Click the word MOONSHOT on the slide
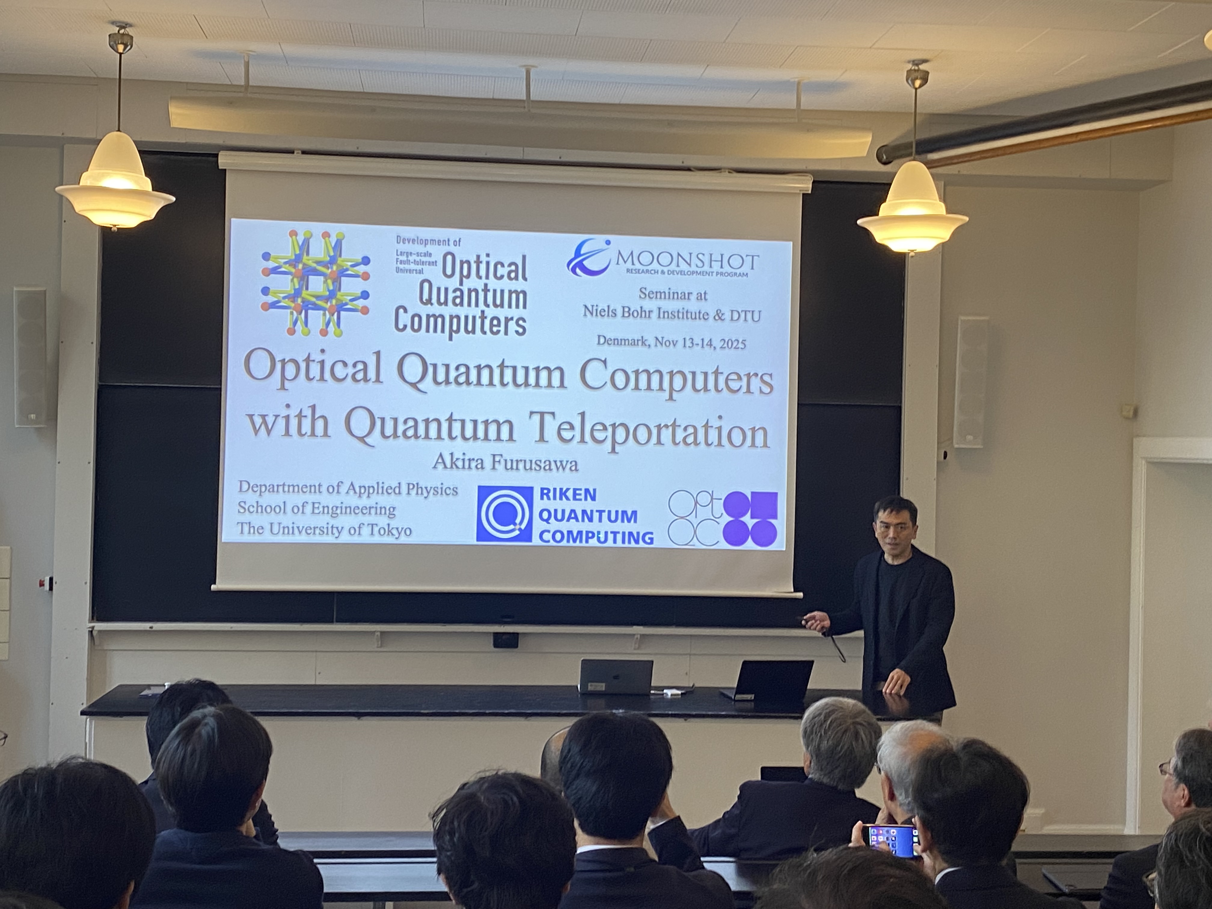688,261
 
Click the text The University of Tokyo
324,529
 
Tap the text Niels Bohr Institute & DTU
672,314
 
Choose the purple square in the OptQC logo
764,505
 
